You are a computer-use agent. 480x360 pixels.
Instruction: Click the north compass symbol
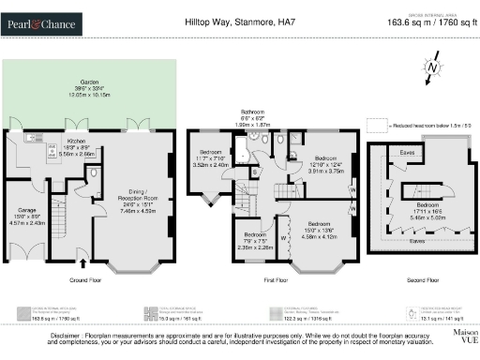(429, 70)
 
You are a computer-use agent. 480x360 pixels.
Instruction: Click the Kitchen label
(76, 144)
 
